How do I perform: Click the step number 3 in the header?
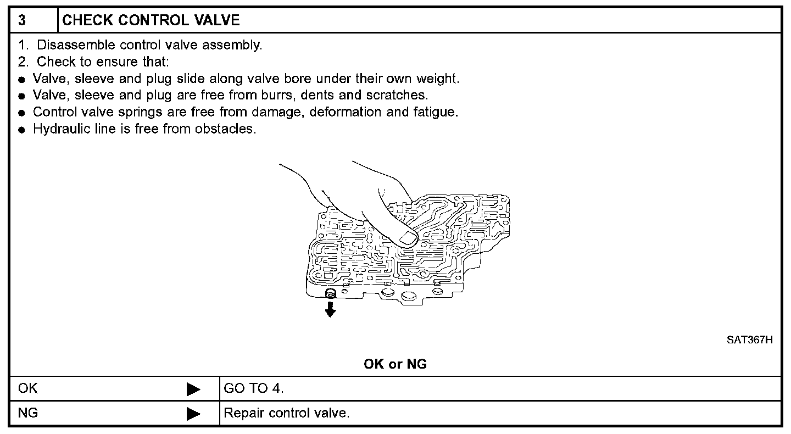click(x=21, y=21)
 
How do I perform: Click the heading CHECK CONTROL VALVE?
click(x=151, y=21)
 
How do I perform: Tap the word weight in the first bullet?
click(x=440, y=79)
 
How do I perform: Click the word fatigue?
click(x=436, y=113)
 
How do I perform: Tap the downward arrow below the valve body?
click(x=330, y=310)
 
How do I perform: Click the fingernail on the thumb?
click(x=407, y=237)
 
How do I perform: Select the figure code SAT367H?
click(x=750, y=340)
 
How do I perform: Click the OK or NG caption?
click(x=395, y=364)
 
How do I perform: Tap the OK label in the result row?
click(x=28, y=388)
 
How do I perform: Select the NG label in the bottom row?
click(x=28, y=413)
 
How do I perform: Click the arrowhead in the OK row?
click(x=193, y=390)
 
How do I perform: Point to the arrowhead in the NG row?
click(x=193, y=414)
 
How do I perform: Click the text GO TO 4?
click(x=253, y=388)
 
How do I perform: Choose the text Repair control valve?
click(x=286, y=413)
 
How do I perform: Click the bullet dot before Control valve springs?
click(x=21, y=113)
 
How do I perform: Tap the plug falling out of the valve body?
click(x=331, y=293)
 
